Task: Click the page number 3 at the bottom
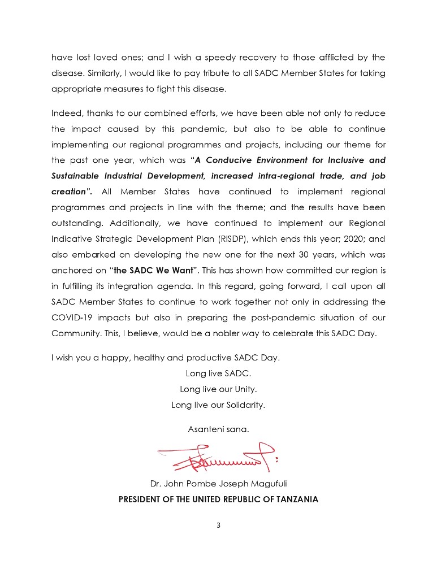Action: pyautogui.click(x=218, y=525)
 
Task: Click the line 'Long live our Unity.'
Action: pyautogui.click(x=218, y=389)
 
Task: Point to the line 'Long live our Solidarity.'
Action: pyautogui.click(x=218, y=405)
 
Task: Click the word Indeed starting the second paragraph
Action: pyautogui.click(x=65, y=114)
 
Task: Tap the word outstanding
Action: pyautogui.click(x=76, y=223)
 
